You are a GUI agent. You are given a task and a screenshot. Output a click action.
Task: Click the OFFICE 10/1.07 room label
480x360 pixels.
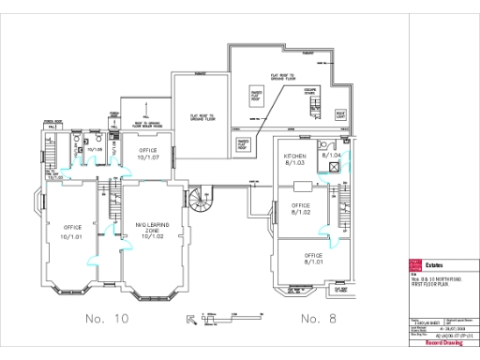click(x=149, y=154)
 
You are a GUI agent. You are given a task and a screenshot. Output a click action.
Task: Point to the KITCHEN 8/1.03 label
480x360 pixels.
click(x=296, y=157)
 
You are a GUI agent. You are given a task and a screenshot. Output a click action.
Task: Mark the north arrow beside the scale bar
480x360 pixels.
click(x=194, y=319)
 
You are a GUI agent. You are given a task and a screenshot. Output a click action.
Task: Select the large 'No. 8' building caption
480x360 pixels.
click(x=324, y=319)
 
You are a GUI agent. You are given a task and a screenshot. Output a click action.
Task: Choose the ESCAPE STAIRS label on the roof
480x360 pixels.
click(x=310, y=92)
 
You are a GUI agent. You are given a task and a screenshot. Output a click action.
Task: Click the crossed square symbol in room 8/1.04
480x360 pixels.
click(x=332, y=166)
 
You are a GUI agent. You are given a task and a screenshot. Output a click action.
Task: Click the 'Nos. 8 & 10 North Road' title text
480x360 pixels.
click(x=431, y=278)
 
